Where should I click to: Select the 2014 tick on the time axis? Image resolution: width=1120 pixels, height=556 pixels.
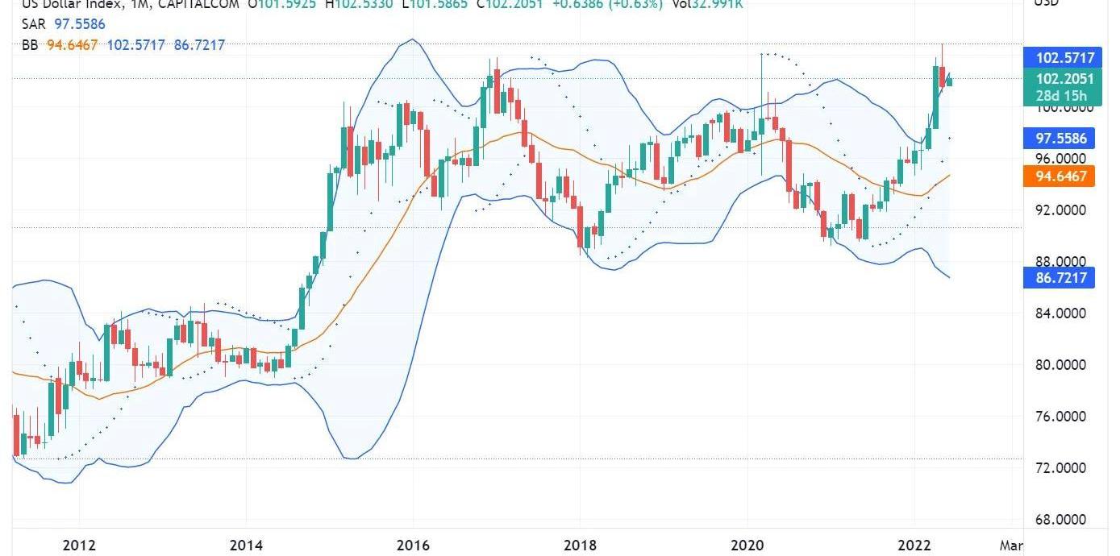pos(247,545)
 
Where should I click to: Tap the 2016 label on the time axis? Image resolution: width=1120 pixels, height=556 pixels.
pos(413,545)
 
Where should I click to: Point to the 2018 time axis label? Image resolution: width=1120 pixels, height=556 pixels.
pos(579,545)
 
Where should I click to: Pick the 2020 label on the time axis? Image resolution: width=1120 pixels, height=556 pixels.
pos(747,545)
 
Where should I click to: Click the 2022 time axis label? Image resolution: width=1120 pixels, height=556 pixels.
pos(914,545)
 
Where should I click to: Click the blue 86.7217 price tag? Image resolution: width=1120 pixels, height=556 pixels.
pos(1060,279)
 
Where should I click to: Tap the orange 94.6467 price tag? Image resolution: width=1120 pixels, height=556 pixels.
pos(1060,176)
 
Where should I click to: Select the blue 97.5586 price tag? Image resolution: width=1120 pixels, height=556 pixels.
pos(1060,139)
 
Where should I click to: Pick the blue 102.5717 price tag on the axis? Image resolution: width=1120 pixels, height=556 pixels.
pos(1060,57)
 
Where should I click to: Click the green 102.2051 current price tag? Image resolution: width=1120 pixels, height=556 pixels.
pos(1060,79)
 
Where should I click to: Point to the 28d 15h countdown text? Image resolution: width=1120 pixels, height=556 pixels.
pos(1060,96)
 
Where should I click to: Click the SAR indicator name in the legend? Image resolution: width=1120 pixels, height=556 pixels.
pos(33,24)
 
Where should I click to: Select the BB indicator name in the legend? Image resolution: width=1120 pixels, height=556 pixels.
pos(30,45)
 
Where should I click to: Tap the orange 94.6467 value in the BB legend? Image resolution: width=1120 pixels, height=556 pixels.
pos(73,45)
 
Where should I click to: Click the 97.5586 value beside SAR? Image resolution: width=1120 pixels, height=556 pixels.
pos(80,24)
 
